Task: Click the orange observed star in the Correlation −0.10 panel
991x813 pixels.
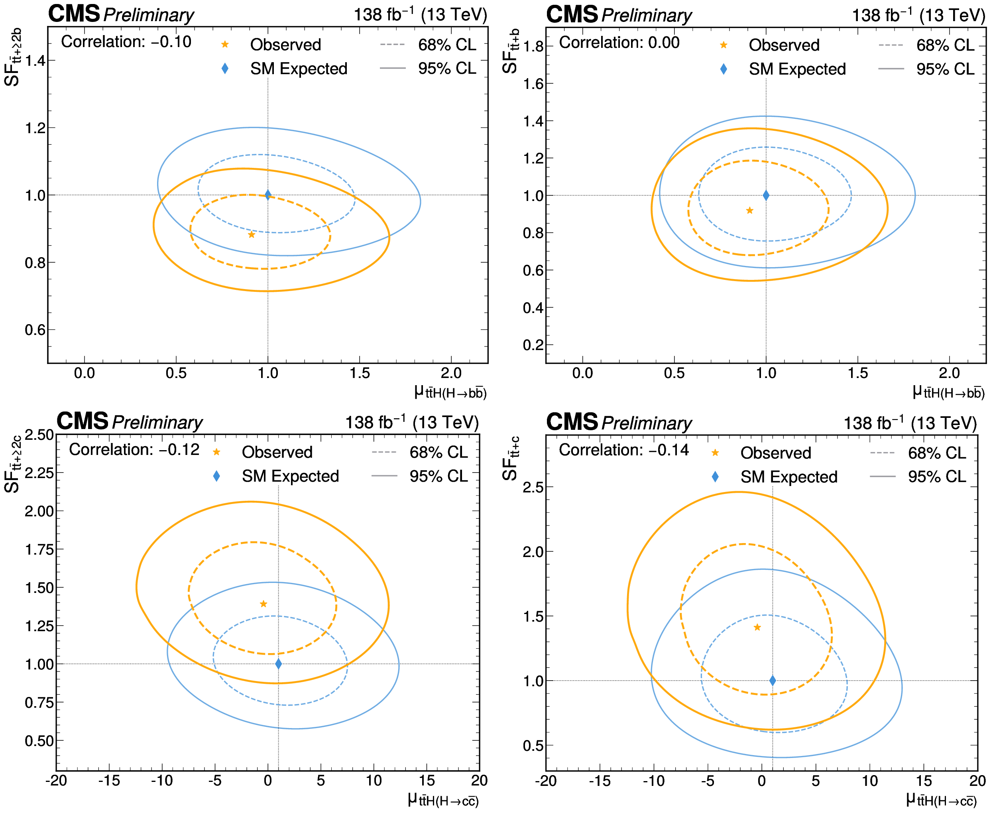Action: tap(252, 234)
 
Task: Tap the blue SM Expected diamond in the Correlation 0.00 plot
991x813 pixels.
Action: tap(766, 195)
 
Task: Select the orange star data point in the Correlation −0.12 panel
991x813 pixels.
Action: tap(263, 604)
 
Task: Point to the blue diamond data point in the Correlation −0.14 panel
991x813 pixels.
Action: tap(773, 681)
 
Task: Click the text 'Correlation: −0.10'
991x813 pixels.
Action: tap(126, 42)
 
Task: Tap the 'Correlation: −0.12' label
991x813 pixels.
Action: tap(134, 450)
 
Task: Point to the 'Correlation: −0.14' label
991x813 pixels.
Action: tap(623, 450)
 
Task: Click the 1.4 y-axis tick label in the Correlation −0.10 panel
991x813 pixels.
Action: tap(35, 61)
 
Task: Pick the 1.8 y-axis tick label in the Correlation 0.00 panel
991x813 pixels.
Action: tap(533, 46)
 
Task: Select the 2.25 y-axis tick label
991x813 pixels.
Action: tap(39, 472)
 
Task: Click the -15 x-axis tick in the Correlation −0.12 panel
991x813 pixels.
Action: tap(109, 780)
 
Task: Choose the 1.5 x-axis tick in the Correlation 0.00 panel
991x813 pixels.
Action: tap(857, 373)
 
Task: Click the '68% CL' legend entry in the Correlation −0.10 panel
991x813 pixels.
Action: tap(446, 45)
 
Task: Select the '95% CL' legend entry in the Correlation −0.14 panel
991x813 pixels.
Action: tap(937, 477)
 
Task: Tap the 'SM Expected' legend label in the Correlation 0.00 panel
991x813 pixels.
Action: tap(797, 69)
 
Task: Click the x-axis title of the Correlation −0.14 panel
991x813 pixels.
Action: tap(941, 799)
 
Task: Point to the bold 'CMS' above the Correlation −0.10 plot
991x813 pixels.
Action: tap(74, 14)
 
